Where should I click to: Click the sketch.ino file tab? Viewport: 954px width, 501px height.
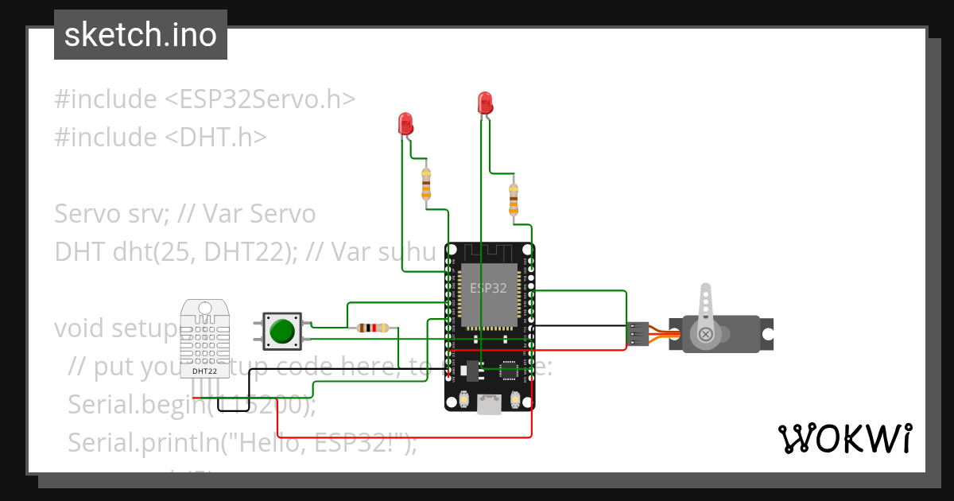(141, 35)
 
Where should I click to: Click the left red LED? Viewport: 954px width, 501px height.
(405, 123)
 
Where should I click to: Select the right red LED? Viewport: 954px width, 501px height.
(484, 103)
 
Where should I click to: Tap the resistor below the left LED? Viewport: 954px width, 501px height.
(426, 184)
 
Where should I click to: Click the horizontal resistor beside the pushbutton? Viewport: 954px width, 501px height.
(373, 328)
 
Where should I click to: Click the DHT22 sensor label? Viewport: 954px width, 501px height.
(204, 371)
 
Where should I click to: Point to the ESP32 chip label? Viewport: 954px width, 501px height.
(488, 288)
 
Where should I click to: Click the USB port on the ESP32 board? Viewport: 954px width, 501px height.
(489, 406)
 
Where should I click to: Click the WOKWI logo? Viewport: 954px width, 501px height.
(843, 438)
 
